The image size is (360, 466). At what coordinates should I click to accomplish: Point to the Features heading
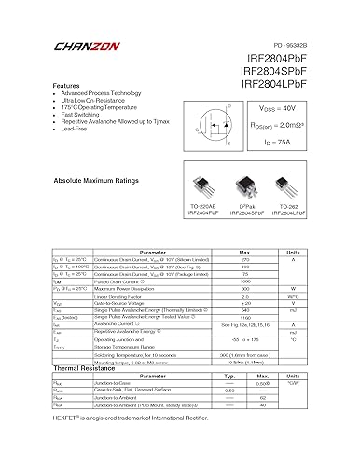71,85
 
